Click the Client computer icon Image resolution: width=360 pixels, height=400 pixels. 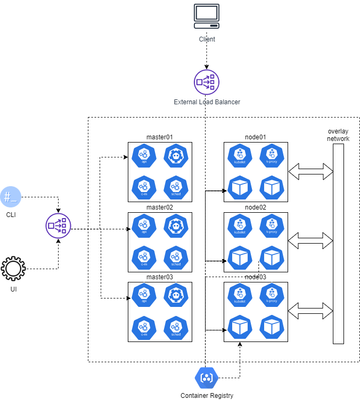point(207,17)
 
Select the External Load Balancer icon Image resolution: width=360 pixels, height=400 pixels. point(207,82)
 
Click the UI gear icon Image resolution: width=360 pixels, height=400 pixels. point(13,269)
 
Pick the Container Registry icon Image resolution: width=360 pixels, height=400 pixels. point(206,378)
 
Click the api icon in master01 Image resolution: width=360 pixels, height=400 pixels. point(143,155)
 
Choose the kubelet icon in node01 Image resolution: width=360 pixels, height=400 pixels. point(239,155)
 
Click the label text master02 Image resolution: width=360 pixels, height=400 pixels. point(160,207)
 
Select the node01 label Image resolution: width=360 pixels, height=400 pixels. point(256,137)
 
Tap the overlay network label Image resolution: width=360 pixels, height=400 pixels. point(339,135)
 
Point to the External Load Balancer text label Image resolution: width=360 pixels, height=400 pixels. point(207,102)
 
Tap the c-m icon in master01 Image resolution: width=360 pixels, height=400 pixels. point(143,186)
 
